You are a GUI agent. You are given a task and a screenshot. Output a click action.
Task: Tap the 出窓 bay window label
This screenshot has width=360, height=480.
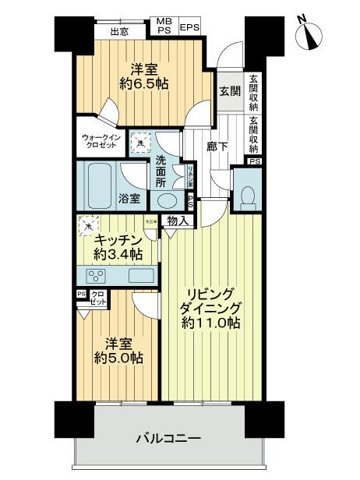pos(119,32)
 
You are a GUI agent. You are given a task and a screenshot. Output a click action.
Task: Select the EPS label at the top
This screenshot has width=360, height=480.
pos(189,28)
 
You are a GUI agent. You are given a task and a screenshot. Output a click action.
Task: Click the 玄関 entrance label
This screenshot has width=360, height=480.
pos(229,91)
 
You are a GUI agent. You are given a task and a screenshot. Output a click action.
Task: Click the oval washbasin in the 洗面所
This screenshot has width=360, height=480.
pos(166,199)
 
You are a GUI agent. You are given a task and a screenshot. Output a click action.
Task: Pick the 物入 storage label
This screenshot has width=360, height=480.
pos(178,222)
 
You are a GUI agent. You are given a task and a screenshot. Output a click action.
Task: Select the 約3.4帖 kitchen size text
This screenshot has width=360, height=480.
pos(118,255)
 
